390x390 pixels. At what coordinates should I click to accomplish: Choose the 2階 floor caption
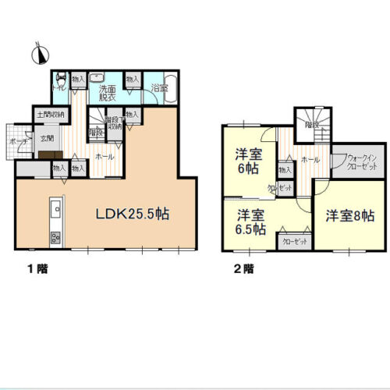[243, 269]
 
